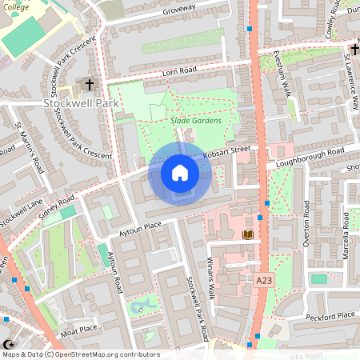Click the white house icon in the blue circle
point(179,172)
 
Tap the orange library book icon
point(248,234)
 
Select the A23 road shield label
point(264,281)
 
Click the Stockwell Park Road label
point(195,308)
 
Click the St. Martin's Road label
point(29,147)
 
